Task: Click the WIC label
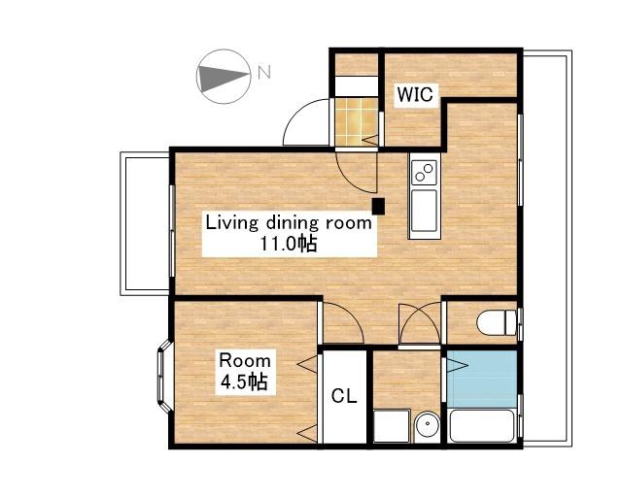tap(415, 95)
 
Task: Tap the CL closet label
tap(344, 395)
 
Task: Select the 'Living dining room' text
tap(289, 223)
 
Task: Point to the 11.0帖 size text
tap(289, 244)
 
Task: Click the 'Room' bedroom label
tap(245, 361)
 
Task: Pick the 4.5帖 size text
tap(244, 382)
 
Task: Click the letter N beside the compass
tap(264, 72)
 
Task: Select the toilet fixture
tap(498, 322)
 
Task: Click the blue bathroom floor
tap(482, 379)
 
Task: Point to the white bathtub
tap(482, 426)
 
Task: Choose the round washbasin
tap(427, 427)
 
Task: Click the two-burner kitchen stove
tap(424, 173)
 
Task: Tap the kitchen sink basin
tap(424, 211)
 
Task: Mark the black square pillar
tap(378, 206)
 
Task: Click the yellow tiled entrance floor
tap(356, 122)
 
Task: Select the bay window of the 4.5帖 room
tap(164, 376)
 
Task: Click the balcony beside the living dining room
tap(145, 223)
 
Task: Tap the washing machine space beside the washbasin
tap(392, 426)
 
